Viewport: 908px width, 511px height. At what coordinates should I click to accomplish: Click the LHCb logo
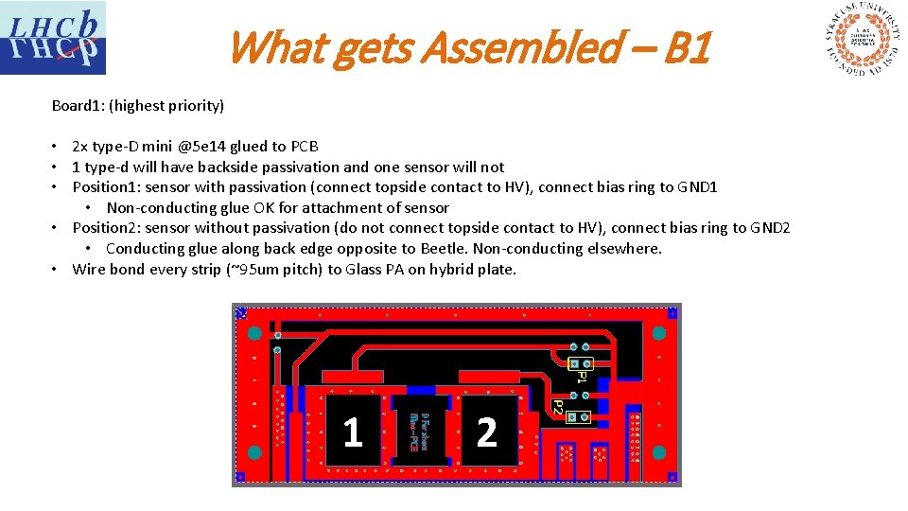tap(53, 38)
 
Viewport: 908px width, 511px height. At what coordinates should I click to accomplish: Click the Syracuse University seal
tap(862, 40)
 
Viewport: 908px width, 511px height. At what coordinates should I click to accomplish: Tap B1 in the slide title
tap(686, 47)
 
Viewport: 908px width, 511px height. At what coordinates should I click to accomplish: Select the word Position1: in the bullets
tap(106, 187)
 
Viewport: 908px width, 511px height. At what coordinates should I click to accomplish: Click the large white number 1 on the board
tap(353, 432)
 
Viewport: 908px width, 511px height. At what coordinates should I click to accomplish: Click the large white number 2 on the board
tap(486, 432)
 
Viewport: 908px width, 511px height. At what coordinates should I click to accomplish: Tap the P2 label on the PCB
tap(558, 408)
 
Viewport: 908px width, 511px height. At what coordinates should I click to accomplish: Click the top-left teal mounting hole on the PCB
tap(254, 333)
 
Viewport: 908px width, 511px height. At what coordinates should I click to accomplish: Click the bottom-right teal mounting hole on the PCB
tap(658, 452)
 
